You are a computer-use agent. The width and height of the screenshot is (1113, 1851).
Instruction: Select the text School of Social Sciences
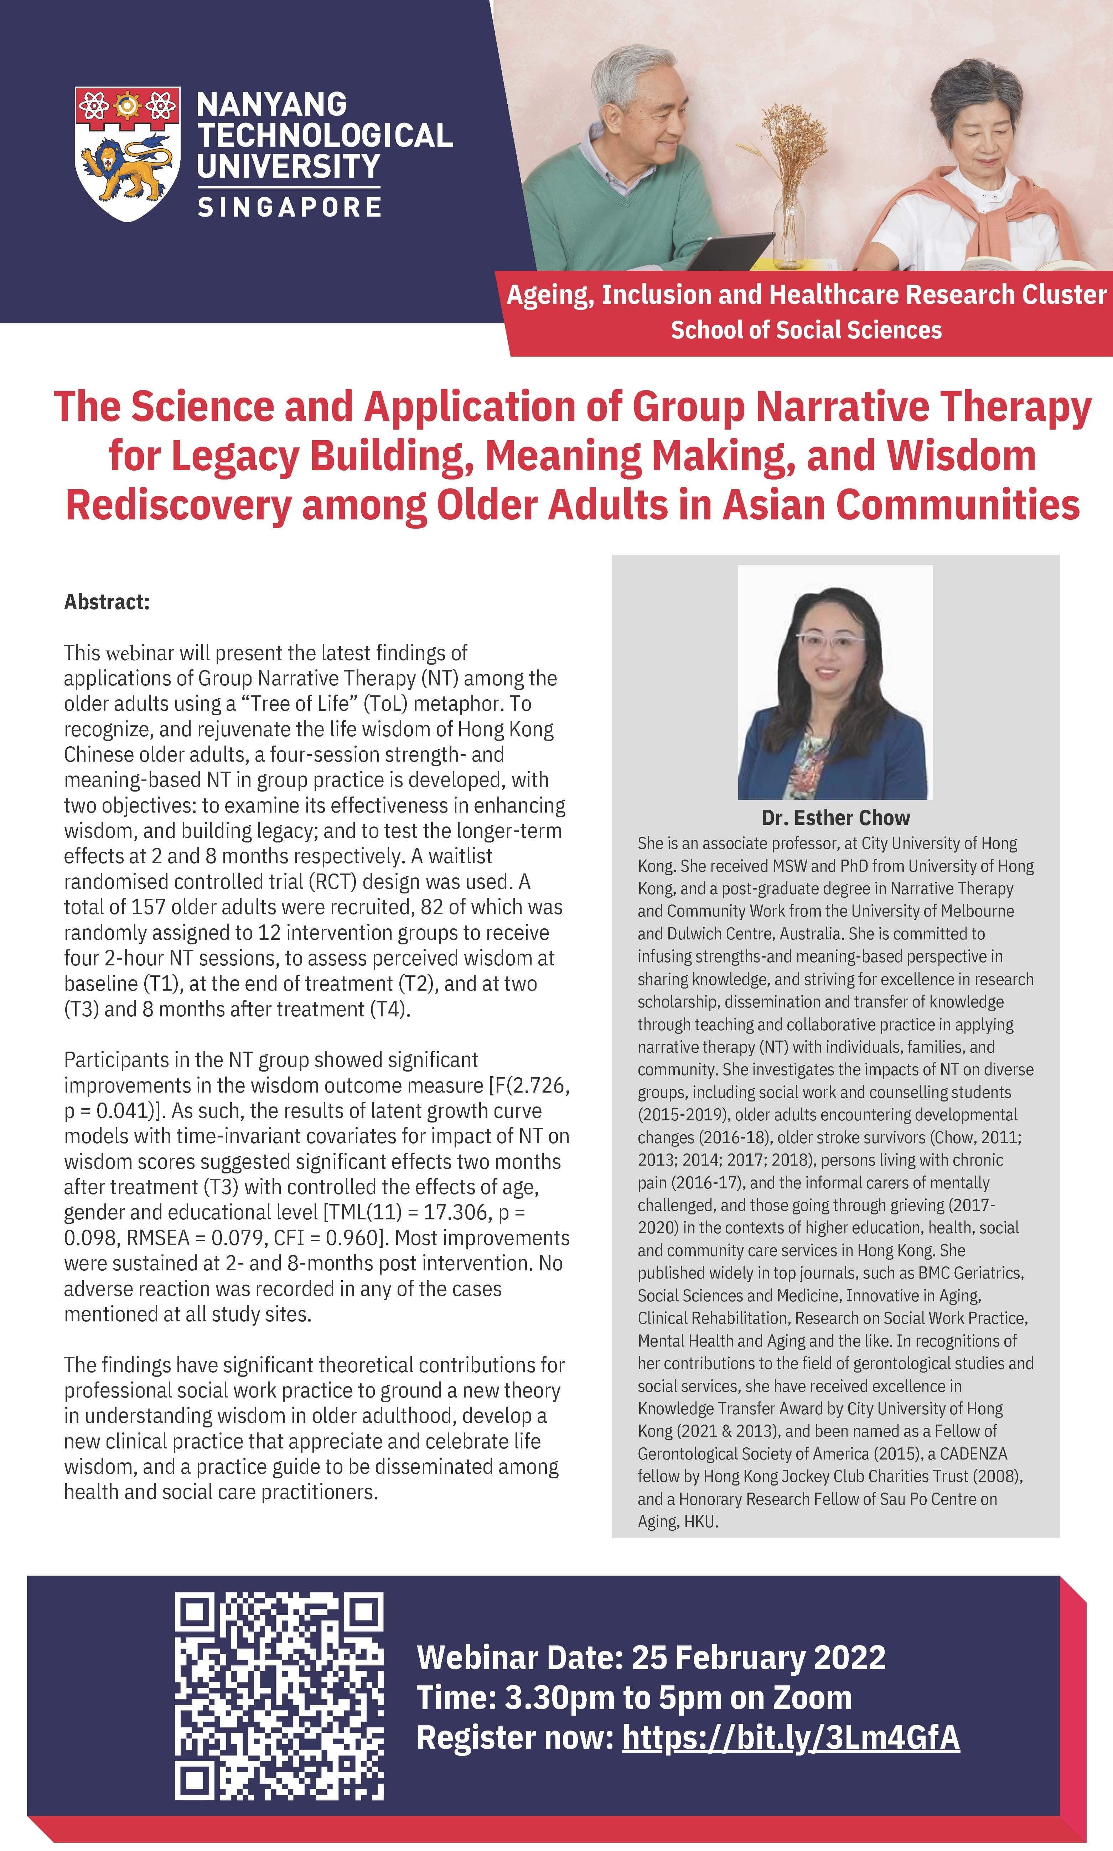[x=806, y=330]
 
